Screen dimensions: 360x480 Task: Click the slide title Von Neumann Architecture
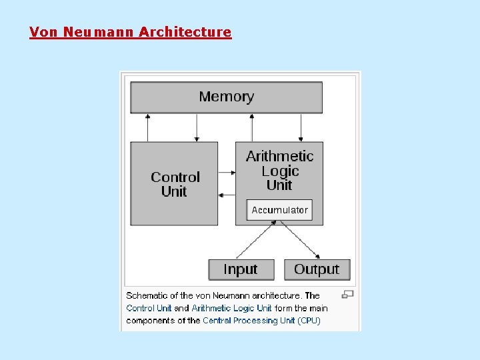130,32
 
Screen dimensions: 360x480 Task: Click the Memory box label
226,97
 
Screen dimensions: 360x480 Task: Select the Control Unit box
174,184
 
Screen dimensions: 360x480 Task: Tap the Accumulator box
279,210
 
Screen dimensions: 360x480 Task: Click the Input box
241,269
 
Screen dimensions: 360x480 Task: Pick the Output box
317,269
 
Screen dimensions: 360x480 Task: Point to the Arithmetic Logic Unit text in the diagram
279,170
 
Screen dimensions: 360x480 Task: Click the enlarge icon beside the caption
347,294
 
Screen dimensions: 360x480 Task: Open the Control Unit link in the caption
149,308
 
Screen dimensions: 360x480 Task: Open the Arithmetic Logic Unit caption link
231,308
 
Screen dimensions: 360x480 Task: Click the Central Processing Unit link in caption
249,320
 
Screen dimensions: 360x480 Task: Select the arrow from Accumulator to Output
301,240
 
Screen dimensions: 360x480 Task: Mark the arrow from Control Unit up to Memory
148,127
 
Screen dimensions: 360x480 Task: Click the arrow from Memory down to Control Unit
196,127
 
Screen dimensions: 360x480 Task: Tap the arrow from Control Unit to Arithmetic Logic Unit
227,171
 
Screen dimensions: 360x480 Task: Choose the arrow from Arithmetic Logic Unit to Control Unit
227,195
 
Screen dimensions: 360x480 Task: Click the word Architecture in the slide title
185,32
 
